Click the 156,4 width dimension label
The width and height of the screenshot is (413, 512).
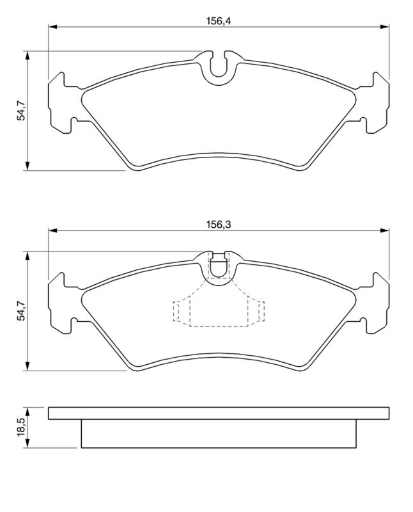pyautogui.click(x=218, y=21)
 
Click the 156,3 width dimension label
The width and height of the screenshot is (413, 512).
pyautogui.click(x=218, y=225)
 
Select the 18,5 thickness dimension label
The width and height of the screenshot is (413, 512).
pyautogui.click(x=22, y=427)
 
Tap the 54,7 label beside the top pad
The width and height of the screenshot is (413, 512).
pyautogui.click(x=22, y=110)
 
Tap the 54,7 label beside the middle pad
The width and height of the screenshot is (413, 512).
pyautogui.click(x=22, y=311)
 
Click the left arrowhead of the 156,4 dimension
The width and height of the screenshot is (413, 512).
pyautogui.click(x=52, y=27)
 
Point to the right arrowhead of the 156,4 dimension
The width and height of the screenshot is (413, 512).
pyautogui.click(x=385, y=27)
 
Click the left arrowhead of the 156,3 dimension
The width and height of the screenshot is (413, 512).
pyautogui.click(x=52, y=230)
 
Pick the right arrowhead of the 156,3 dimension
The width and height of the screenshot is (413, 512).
pyautogui.click(x=385, y=230)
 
